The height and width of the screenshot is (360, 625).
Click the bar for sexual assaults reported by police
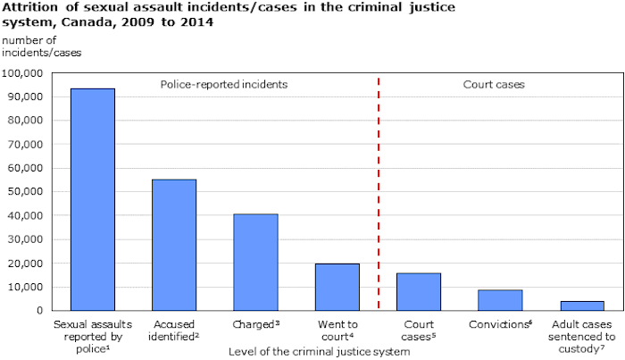pyautogui.click(x=92, y=199)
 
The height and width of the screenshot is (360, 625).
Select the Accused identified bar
pyautogui.click(x=174, y=245)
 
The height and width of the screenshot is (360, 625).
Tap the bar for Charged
pyautogui.click(x=255, y=262)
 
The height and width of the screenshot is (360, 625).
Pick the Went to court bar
pyautogui.click(x=337, y=287)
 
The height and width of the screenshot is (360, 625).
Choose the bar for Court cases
pyautogui.click(x=419, y=291)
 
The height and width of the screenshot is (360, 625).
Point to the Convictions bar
pyautogui.click(x=500, y=300)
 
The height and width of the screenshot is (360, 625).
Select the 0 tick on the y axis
pyautogui.click(x=41, y=311)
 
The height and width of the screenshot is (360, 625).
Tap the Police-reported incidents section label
pyautogui.click(x=224, y=85)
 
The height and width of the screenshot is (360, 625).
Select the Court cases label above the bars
pyautogui.click(x=493, y=85)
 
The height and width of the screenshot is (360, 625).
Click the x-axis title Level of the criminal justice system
pyautogui.click(x=319, y=352)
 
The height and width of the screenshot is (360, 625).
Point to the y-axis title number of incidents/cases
pyautogui.click(x=29, y=47)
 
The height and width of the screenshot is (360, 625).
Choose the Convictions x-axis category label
pyautogui.click(x=500, y=324)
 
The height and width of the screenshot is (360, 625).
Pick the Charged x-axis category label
pyautogui.click(x=255, y=324)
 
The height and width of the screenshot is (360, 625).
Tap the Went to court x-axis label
pyautogui.click(x=337, y=331)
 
